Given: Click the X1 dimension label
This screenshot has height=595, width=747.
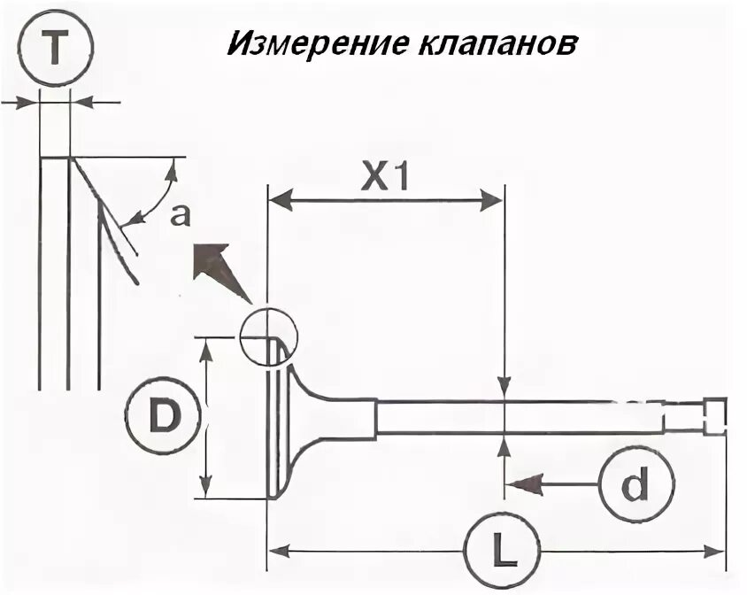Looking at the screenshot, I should coord(384,178).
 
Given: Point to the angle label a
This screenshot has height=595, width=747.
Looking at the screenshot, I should coord(180,215).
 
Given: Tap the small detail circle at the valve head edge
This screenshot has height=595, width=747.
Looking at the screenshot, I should coord(269,336).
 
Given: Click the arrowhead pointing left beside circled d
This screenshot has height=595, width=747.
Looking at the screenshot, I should coord(523,483).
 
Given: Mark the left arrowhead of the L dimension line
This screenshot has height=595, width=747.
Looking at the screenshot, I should coord(280,552).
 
